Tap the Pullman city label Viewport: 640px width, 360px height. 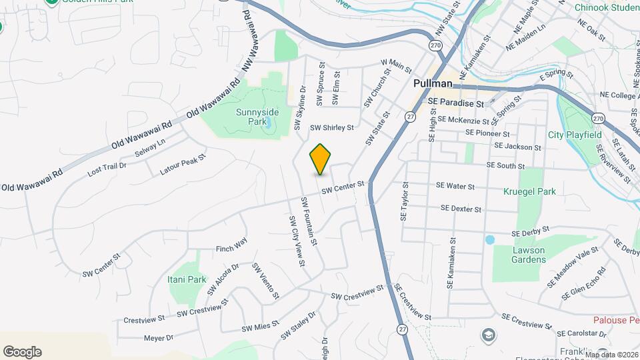click(x=432, y=84)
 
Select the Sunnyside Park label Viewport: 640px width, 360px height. click(x=257, y=117)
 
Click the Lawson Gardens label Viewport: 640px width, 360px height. click(x=529, y=255)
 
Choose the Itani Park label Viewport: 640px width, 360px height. click(x=187, y=280)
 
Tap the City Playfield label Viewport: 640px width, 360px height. click(x=575, y=135)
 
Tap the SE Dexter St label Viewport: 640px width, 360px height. click(x=461, y=209)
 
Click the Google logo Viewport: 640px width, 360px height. click(x=22, y=352)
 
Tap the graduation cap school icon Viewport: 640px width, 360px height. click(x=489, y=335)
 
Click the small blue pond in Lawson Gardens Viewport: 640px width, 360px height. click(x=490, y=239)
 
